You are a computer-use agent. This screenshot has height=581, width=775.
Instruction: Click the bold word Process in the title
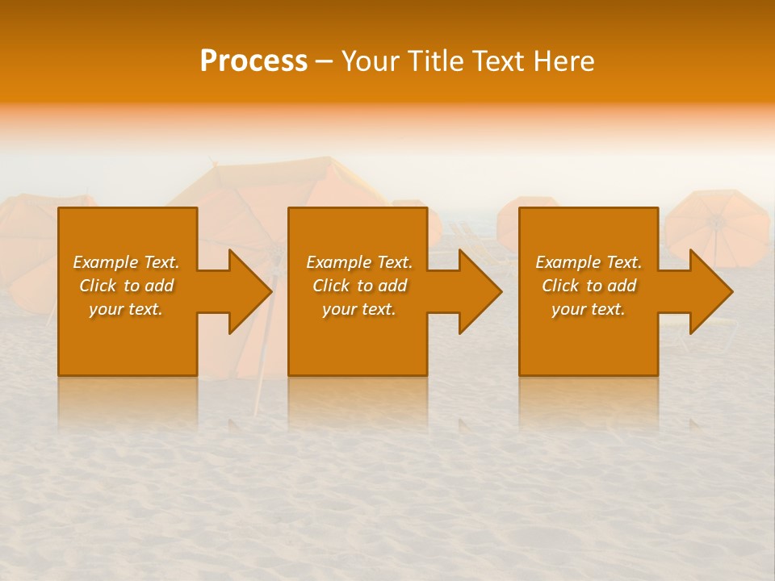point(253,61)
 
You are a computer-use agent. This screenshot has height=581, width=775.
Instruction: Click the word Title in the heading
point(435,61)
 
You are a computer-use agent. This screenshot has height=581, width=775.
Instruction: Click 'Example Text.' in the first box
point(126,262)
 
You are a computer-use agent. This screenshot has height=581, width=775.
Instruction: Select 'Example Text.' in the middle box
point(358,262)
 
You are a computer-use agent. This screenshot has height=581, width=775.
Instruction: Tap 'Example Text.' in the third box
point(589,262)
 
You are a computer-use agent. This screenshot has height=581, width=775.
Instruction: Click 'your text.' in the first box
point(126,309)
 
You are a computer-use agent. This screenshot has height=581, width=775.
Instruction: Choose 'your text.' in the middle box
point(358,309)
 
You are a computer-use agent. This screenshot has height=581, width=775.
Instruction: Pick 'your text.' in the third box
point(589,309)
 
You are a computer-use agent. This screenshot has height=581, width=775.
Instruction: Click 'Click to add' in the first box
point(126,286)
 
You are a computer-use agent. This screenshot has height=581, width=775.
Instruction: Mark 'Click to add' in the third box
point(589,286)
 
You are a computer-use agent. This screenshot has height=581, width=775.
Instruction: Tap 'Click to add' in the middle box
point(358,286)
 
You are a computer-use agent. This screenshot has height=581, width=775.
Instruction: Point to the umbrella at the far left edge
point(28,242)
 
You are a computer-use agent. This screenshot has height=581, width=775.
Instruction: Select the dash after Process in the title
point(325,61)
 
